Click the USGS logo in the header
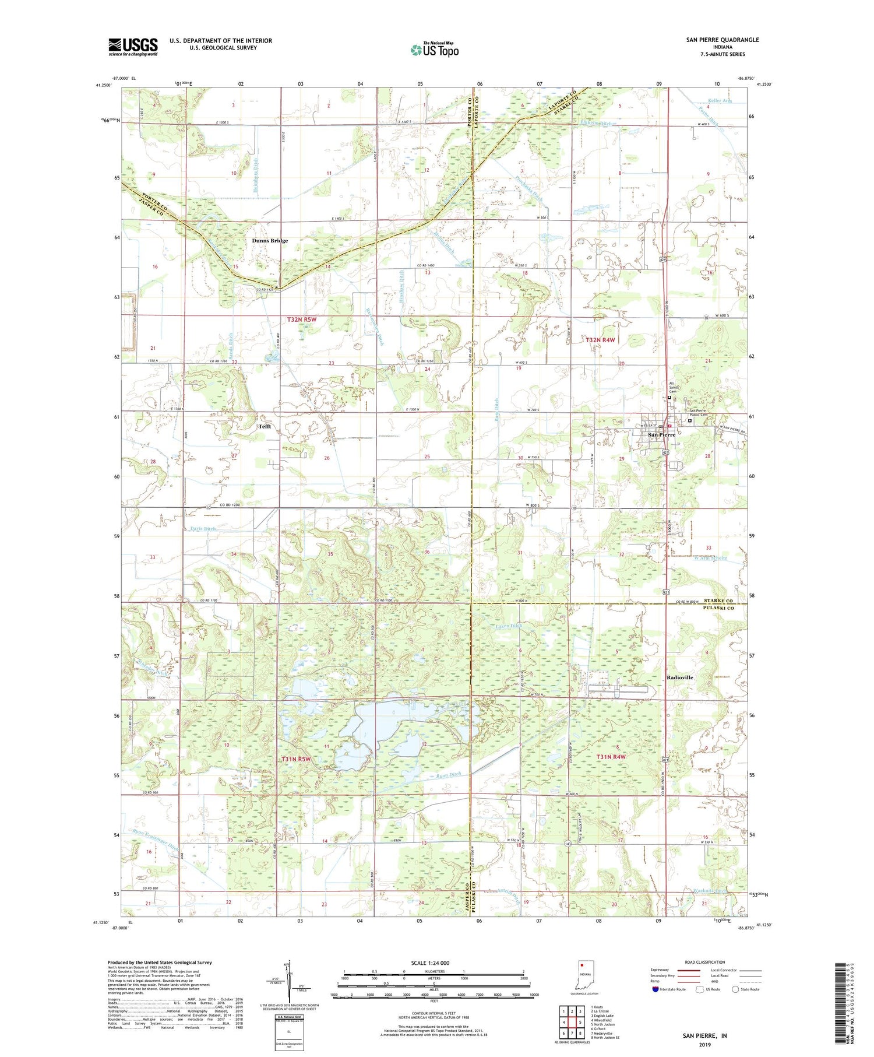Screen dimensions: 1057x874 pos(133,47)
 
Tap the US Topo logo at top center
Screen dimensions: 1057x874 pos(434,50)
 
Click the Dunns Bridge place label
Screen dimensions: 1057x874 pos(270,241)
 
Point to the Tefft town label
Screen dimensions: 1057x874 pos(265,426)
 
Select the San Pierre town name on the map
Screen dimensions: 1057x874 pos(662,435)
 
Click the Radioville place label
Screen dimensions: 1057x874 pos(679,677)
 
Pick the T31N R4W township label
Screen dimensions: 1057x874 pos(611,757)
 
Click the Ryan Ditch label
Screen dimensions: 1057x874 pos(449,775)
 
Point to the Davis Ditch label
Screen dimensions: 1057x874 pos(203,529)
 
